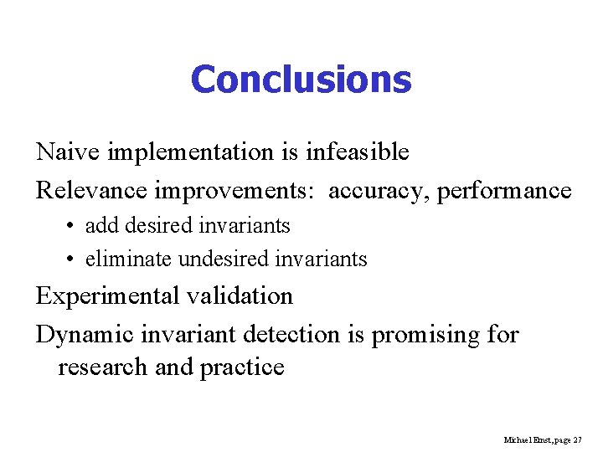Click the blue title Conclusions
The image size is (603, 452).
coord(301,80)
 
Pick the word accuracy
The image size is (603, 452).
coord(378,190)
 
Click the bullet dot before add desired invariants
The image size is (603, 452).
coord(70,226)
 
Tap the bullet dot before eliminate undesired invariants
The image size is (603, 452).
coord(70,259)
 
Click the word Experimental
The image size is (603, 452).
coord(106,296)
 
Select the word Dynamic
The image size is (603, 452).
coord(82,335)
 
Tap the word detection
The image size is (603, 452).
coord(291,335)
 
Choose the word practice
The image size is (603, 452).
coord(241,367)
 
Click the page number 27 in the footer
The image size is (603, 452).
coord(577,439)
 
